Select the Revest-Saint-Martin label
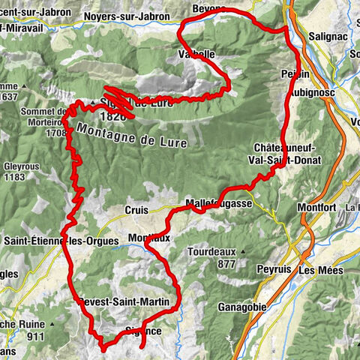click(x=128, y=301)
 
